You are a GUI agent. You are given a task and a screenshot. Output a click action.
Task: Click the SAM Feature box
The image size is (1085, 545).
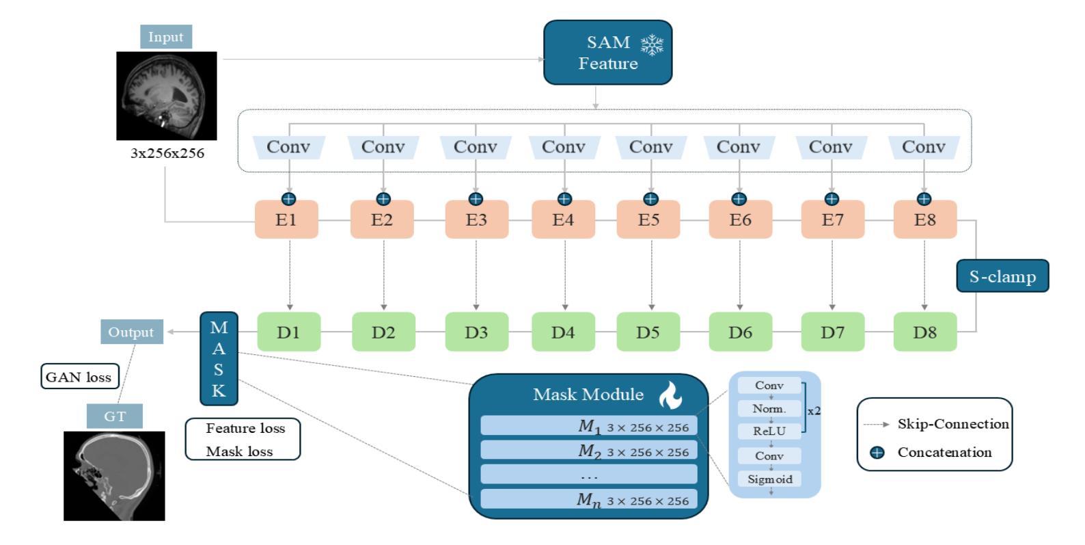coord(607,53)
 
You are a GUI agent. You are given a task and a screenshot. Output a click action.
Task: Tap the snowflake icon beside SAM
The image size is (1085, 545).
coord(652,45)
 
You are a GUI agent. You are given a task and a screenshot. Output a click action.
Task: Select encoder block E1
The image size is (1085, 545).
coord(286,220)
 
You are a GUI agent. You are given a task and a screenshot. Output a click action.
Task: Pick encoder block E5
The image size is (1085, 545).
coord(648,220)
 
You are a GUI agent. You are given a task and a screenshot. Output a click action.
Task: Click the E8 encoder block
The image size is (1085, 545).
coord(925,220)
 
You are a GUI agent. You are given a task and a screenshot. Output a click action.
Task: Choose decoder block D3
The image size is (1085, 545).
coord(477,332)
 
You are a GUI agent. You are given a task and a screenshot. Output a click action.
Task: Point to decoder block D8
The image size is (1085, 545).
coord(925,332)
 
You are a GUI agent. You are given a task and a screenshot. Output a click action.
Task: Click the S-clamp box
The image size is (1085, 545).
coord(1002,276)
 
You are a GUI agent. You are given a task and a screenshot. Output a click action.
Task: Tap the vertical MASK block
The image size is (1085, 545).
coord(219,358)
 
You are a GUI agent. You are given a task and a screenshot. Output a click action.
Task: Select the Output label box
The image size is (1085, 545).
coord(132,332)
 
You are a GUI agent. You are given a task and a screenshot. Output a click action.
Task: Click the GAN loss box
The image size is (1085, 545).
coord(80,376)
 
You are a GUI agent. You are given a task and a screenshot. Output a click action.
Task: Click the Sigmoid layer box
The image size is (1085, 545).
coord(769,479)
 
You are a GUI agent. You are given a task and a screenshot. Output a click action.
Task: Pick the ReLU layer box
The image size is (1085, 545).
coord(769,431)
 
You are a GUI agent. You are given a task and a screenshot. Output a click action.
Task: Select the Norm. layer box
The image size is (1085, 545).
coord(769,408)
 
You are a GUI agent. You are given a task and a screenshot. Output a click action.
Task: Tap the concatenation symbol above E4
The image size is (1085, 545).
coord(564,199)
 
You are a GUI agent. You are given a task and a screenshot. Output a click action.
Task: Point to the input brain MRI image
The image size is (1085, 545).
coord(167,96)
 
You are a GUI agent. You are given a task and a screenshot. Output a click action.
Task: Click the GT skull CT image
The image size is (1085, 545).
coord(114,476)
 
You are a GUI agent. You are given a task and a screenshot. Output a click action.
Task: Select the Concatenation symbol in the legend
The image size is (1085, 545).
coord(877,453)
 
